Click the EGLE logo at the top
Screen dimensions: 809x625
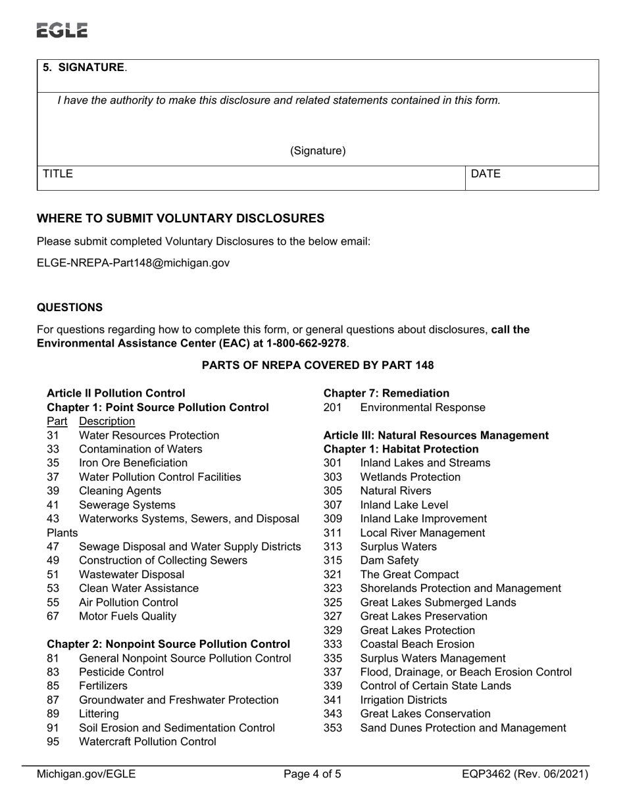point(62,30)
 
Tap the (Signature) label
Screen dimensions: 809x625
point(318,151)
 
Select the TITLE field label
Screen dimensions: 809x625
point(58,174)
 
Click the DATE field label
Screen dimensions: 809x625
point(486,174)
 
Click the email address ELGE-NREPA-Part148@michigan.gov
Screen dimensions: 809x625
point(133,263)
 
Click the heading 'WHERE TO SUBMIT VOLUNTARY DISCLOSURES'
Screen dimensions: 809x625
point(180,218)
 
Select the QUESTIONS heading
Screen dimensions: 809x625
point(69,308)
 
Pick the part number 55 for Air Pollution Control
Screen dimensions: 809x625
point(53,602)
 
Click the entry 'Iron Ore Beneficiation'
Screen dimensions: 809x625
point(133,463)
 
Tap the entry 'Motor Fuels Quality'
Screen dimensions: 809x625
point(127,616)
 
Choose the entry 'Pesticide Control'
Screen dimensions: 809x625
point(121,672)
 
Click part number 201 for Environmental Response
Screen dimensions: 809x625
point(333,408)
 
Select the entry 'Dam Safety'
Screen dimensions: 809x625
point(389,560)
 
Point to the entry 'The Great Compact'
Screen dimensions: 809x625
point(409,575)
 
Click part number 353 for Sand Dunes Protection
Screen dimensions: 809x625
point(333,728)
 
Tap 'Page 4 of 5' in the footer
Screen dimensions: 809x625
point(312,774)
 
